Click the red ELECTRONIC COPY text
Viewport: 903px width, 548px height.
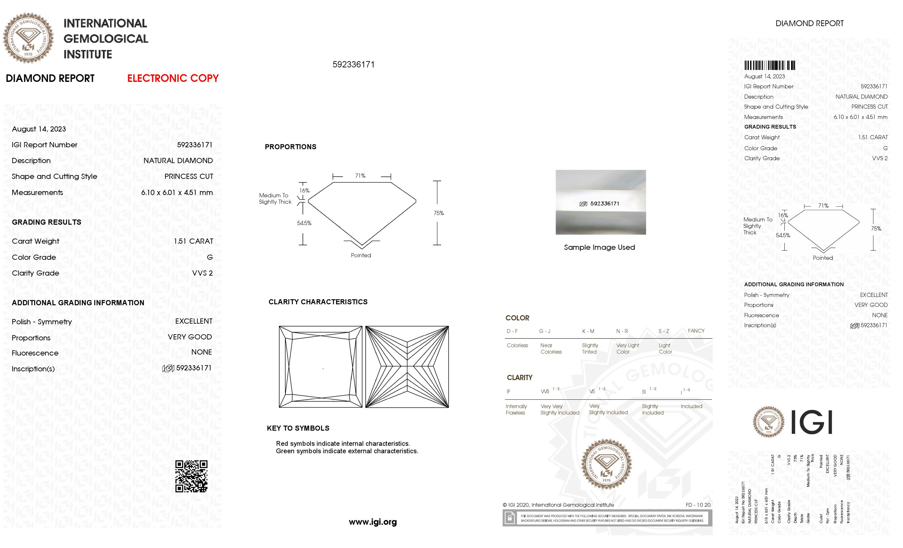(x=173, y=78)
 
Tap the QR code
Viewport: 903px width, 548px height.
(x=191, y=476)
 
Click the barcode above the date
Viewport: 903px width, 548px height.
(x=769, y=65)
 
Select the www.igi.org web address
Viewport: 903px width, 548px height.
(x=373, y=522)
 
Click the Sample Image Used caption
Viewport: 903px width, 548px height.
(x=599, y=247)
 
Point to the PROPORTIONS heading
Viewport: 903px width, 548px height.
(x=290, y=147)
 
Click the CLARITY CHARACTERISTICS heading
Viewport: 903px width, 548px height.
(x=318, y=302)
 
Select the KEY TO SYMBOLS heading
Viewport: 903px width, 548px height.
(x=298, y=428)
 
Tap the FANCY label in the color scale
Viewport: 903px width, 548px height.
(x=696, y=331)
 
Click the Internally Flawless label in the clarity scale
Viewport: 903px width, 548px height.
(x=516, y=409)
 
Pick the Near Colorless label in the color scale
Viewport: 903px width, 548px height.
(x=551, y=348)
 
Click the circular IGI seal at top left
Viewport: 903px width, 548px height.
(x=28, y=38)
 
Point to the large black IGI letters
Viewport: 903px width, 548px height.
(x=811, y=422)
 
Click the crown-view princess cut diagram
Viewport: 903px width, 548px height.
(x=320, y=367)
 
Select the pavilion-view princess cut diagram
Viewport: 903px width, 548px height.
(x=407, y=367)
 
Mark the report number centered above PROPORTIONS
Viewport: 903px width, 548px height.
(x=353, y=64)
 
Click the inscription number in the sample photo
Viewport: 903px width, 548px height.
(x=604, y=204)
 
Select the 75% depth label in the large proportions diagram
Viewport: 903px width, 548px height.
(x=439, y=213)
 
